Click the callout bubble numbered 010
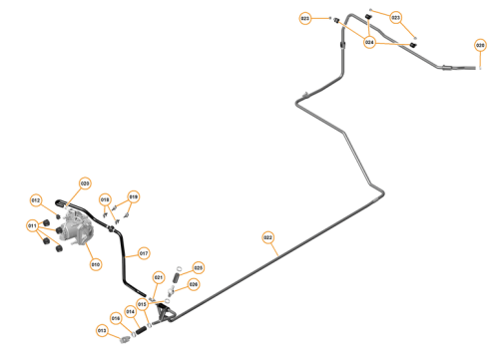point(96,264)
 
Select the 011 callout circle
point(33,226)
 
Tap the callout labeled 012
point(36,201)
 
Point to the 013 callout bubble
point(102,330)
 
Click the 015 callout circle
point(143,303)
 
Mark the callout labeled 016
point(116,318)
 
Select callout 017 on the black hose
point(143,252)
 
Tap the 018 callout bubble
point(105,200)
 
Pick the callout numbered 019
point(134,196)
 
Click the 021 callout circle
point(158,277)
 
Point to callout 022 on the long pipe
point(267,237)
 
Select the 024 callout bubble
point(370,43)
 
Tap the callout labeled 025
point(198,267)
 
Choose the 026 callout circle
point(194,284)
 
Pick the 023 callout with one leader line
point(305,18)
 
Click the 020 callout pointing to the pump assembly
point(85,183)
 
